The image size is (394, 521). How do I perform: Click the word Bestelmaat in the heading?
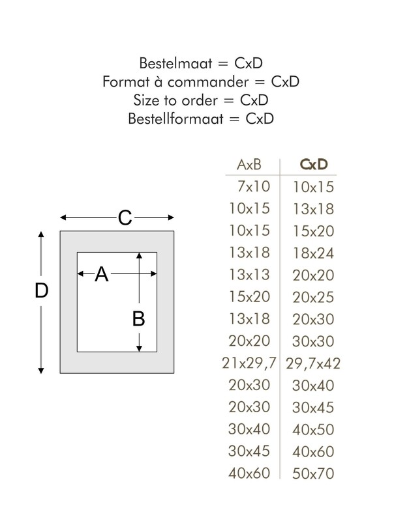pyautogui.click(x=175, y=63)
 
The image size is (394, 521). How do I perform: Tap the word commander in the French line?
pyautogui.click(x=208, y=82)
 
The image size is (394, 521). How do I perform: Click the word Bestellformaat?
pyautogui.click(x=175, y=119)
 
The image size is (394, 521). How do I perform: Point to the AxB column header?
pyautogui.click(x=249, y=165)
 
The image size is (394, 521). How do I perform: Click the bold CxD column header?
pyautogui.click(x=314, y=165)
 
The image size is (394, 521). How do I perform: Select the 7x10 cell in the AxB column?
pyautogui.click(x=254, y=186)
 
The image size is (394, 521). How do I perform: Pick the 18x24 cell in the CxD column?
pyautogui.click(x=313, y=253)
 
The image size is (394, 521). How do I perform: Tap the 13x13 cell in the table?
pyautogui.click(x=249, y=275)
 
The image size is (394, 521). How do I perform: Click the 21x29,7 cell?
pyautogui.click(x=249, y=363)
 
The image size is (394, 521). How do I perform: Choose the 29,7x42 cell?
pyautogui.click(x=313, y=363)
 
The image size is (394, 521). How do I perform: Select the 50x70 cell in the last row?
pyautogui.click(x=313, y=473)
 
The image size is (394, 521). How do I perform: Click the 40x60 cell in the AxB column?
pyautogui.click(x=249, y=473)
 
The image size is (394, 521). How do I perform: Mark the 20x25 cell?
pyautogui.click(x=313, y=297)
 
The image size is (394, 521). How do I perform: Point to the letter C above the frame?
pyautogui.click(x=125, y=218)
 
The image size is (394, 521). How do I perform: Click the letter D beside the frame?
pyautogui.click(x=42, y=290)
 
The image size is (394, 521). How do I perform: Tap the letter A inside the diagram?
pyautogui.click(x=102, y=274)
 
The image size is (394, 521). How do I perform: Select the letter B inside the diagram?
pyautogui.click(x=138, y=318)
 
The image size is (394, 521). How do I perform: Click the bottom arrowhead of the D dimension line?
pyautogui.click(x=41, y=371)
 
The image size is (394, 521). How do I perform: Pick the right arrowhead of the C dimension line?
pyautogui.click(x=171, y=218)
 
